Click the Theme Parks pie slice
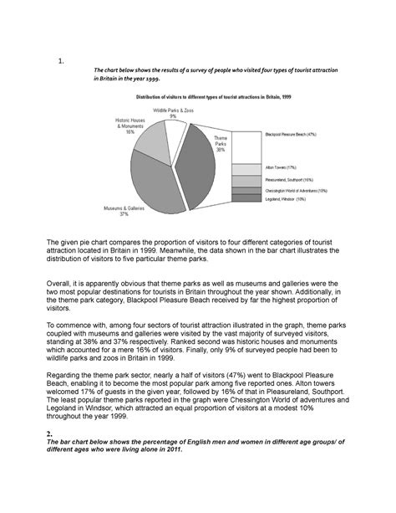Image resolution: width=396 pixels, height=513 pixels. (209, 167)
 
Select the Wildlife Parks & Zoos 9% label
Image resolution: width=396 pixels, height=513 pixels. (172, 113)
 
